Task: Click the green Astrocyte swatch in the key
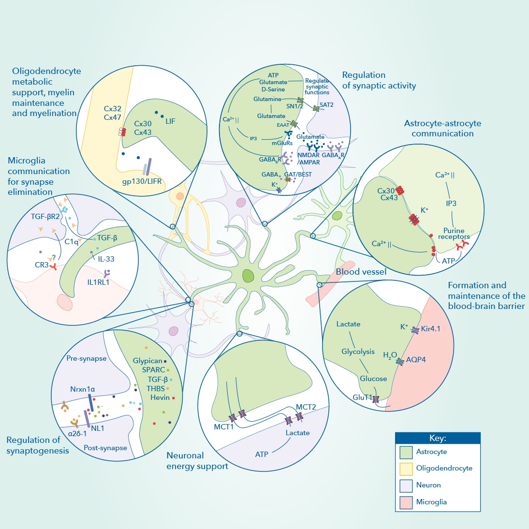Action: [x=406, y=452]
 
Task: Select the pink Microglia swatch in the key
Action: [x=406, y=502]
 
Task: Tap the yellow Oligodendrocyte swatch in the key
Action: [x=406, y=469]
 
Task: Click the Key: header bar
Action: [x=438, y=438]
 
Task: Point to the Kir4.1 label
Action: [x=430, y=329]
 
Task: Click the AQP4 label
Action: [x=416, y=360]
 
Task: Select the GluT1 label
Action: [x=362, y=397]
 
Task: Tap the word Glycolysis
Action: [x=358, y=352]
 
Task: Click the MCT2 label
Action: [x=306, y=407]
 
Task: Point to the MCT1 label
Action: [x=223, y=427]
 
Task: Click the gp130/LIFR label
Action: [x=142, y=181]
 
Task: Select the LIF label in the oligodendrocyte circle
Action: [x=170, y=121]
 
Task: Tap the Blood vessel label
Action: [x=361, y=272]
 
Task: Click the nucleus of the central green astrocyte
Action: [x=248, y=276]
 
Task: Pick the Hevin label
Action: [x=160, y=397]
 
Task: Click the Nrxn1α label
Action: [x=82, y=389]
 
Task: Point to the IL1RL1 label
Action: [x=98, y=282]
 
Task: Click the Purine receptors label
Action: [x=454, y=234]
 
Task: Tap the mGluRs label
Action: [x=282, y=143]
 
